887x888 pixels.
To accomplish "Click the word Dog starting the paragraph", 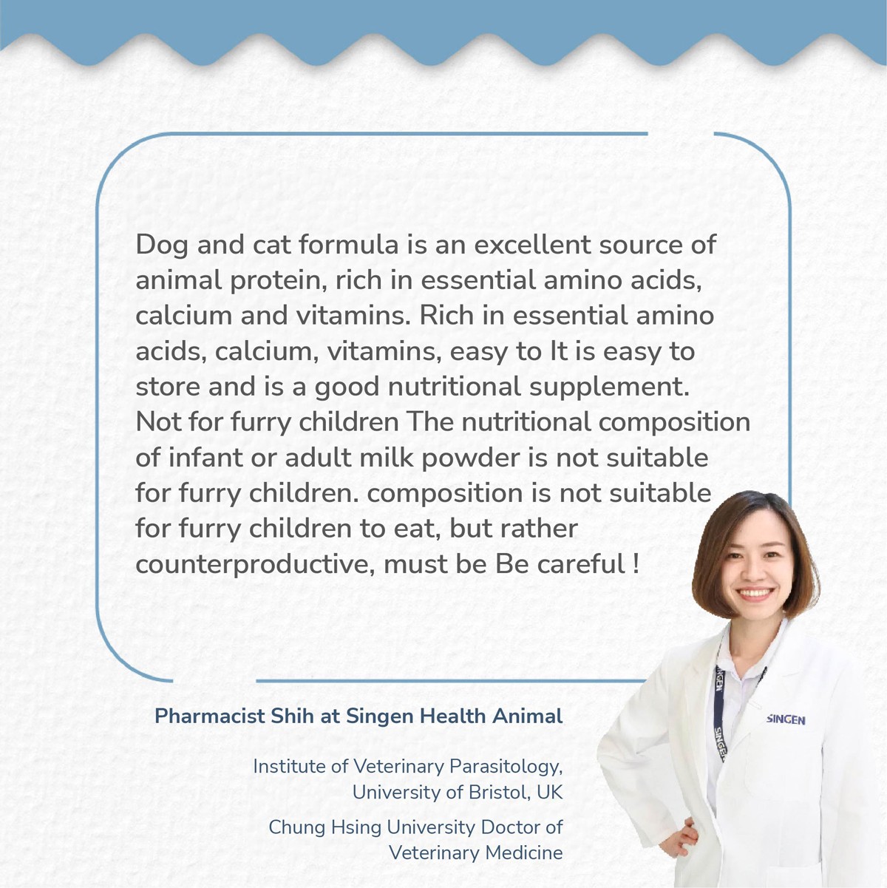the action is tap(161, 245).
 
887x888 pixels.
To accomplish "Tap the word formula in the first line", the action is tap(348, 244).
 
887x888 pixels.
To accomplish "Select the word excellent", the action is tap(532, 244).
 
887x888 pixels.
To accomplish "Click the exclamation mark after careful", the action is tap(636, 563).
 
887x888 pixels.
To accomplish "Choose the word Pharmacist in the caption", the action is tap(210, 716).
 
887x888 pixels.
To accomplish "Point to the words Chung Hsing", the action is tap(324, 828).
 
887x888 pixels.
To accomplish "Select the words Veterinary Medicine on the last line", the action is tap(476, 853).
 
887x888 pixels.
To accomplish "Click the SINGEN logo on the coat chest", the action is tap(786, 719).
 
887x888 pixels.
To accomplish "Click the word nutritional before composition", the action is tap(526, 422).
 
